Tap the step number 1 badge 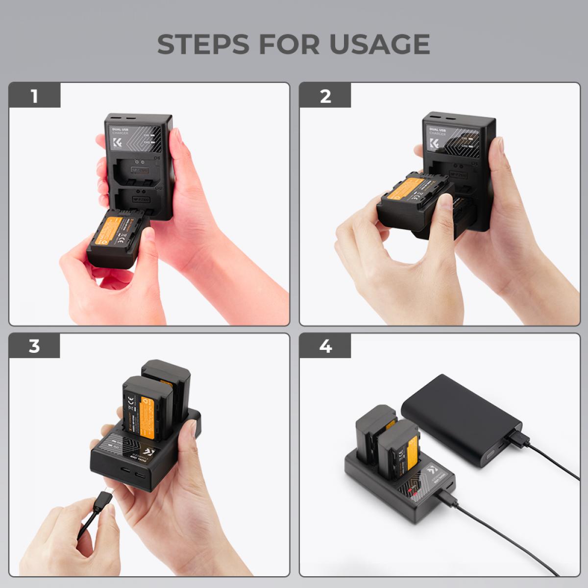tap(34, 96)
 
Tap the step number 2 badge tap(325, 96)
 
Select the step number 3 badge tap(34, 346)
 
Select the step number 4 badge tap(325, 346)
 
